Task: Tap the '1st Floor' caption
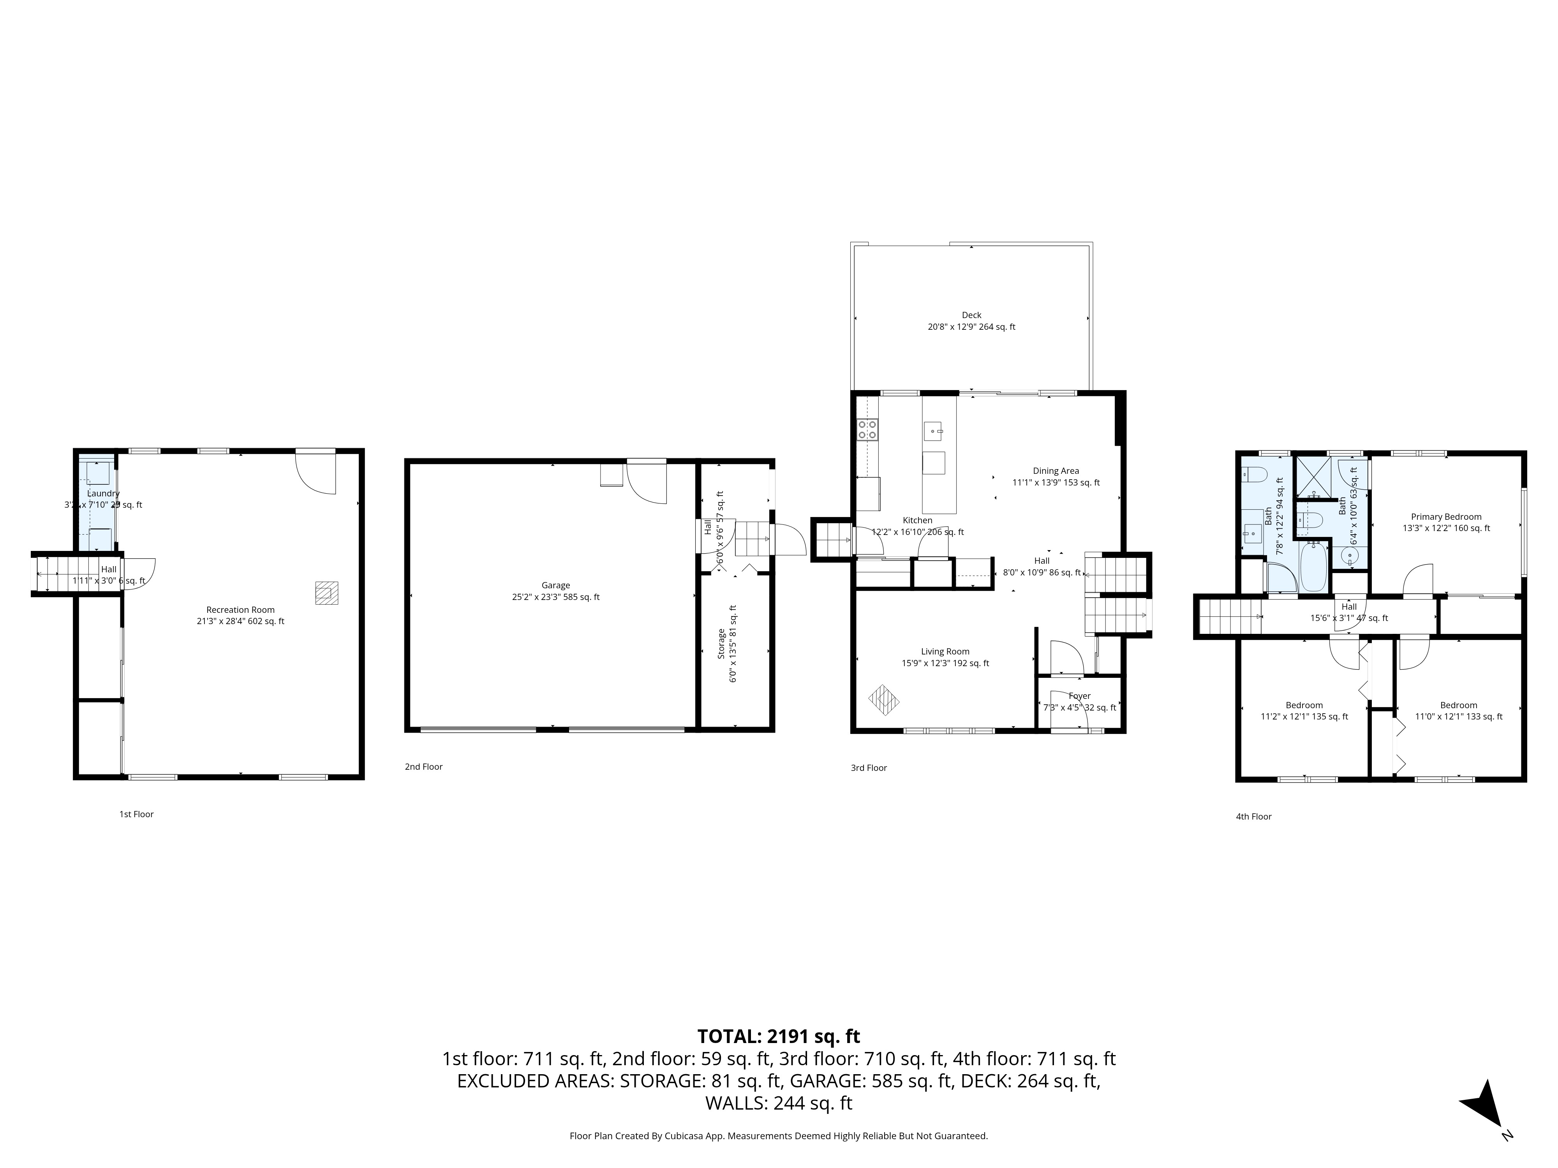click(136, 814)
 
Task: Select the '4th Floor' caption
click(1254, 817)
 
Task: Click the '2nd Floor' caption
click(423, 767)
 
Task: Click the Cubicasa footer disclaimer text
click(778, 1136)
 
